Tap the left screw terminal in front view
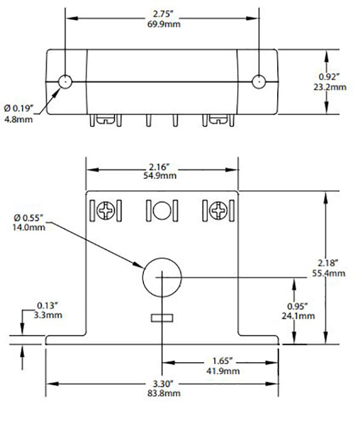pos(106,211)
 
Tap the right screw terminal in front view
pos(218,211)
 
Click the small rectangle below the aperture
pos(161,317)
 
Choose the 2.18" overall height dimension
pos(332,263)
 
